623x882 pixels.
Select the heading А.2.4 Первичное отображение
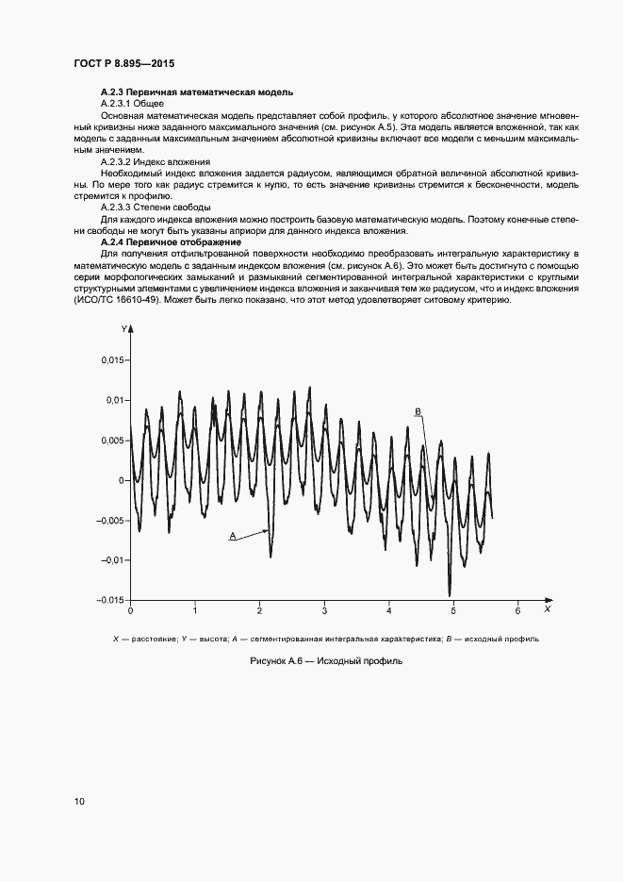(170, 242)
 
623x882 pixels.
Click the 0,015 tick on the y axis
(112, 360)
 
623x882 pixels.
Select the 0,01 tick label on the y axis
(114, 400)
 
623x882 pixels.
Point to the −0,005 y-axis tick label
(110, 520)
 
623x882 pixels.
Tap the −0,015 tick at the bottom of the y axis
(110, 600)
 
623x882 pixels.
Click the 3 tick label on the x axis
(324, 611)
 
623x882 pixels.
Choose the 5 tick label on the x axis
(453, 611)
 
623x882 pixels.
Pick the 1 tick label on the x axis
(195, 611)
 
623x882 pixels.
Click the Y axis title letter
(123, 327)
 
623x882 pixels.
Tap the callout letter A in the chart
(231, 535)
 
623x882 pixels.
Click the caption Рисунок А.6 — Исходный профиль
(325, 661)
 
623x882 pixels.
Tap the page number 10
(79, 801)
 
